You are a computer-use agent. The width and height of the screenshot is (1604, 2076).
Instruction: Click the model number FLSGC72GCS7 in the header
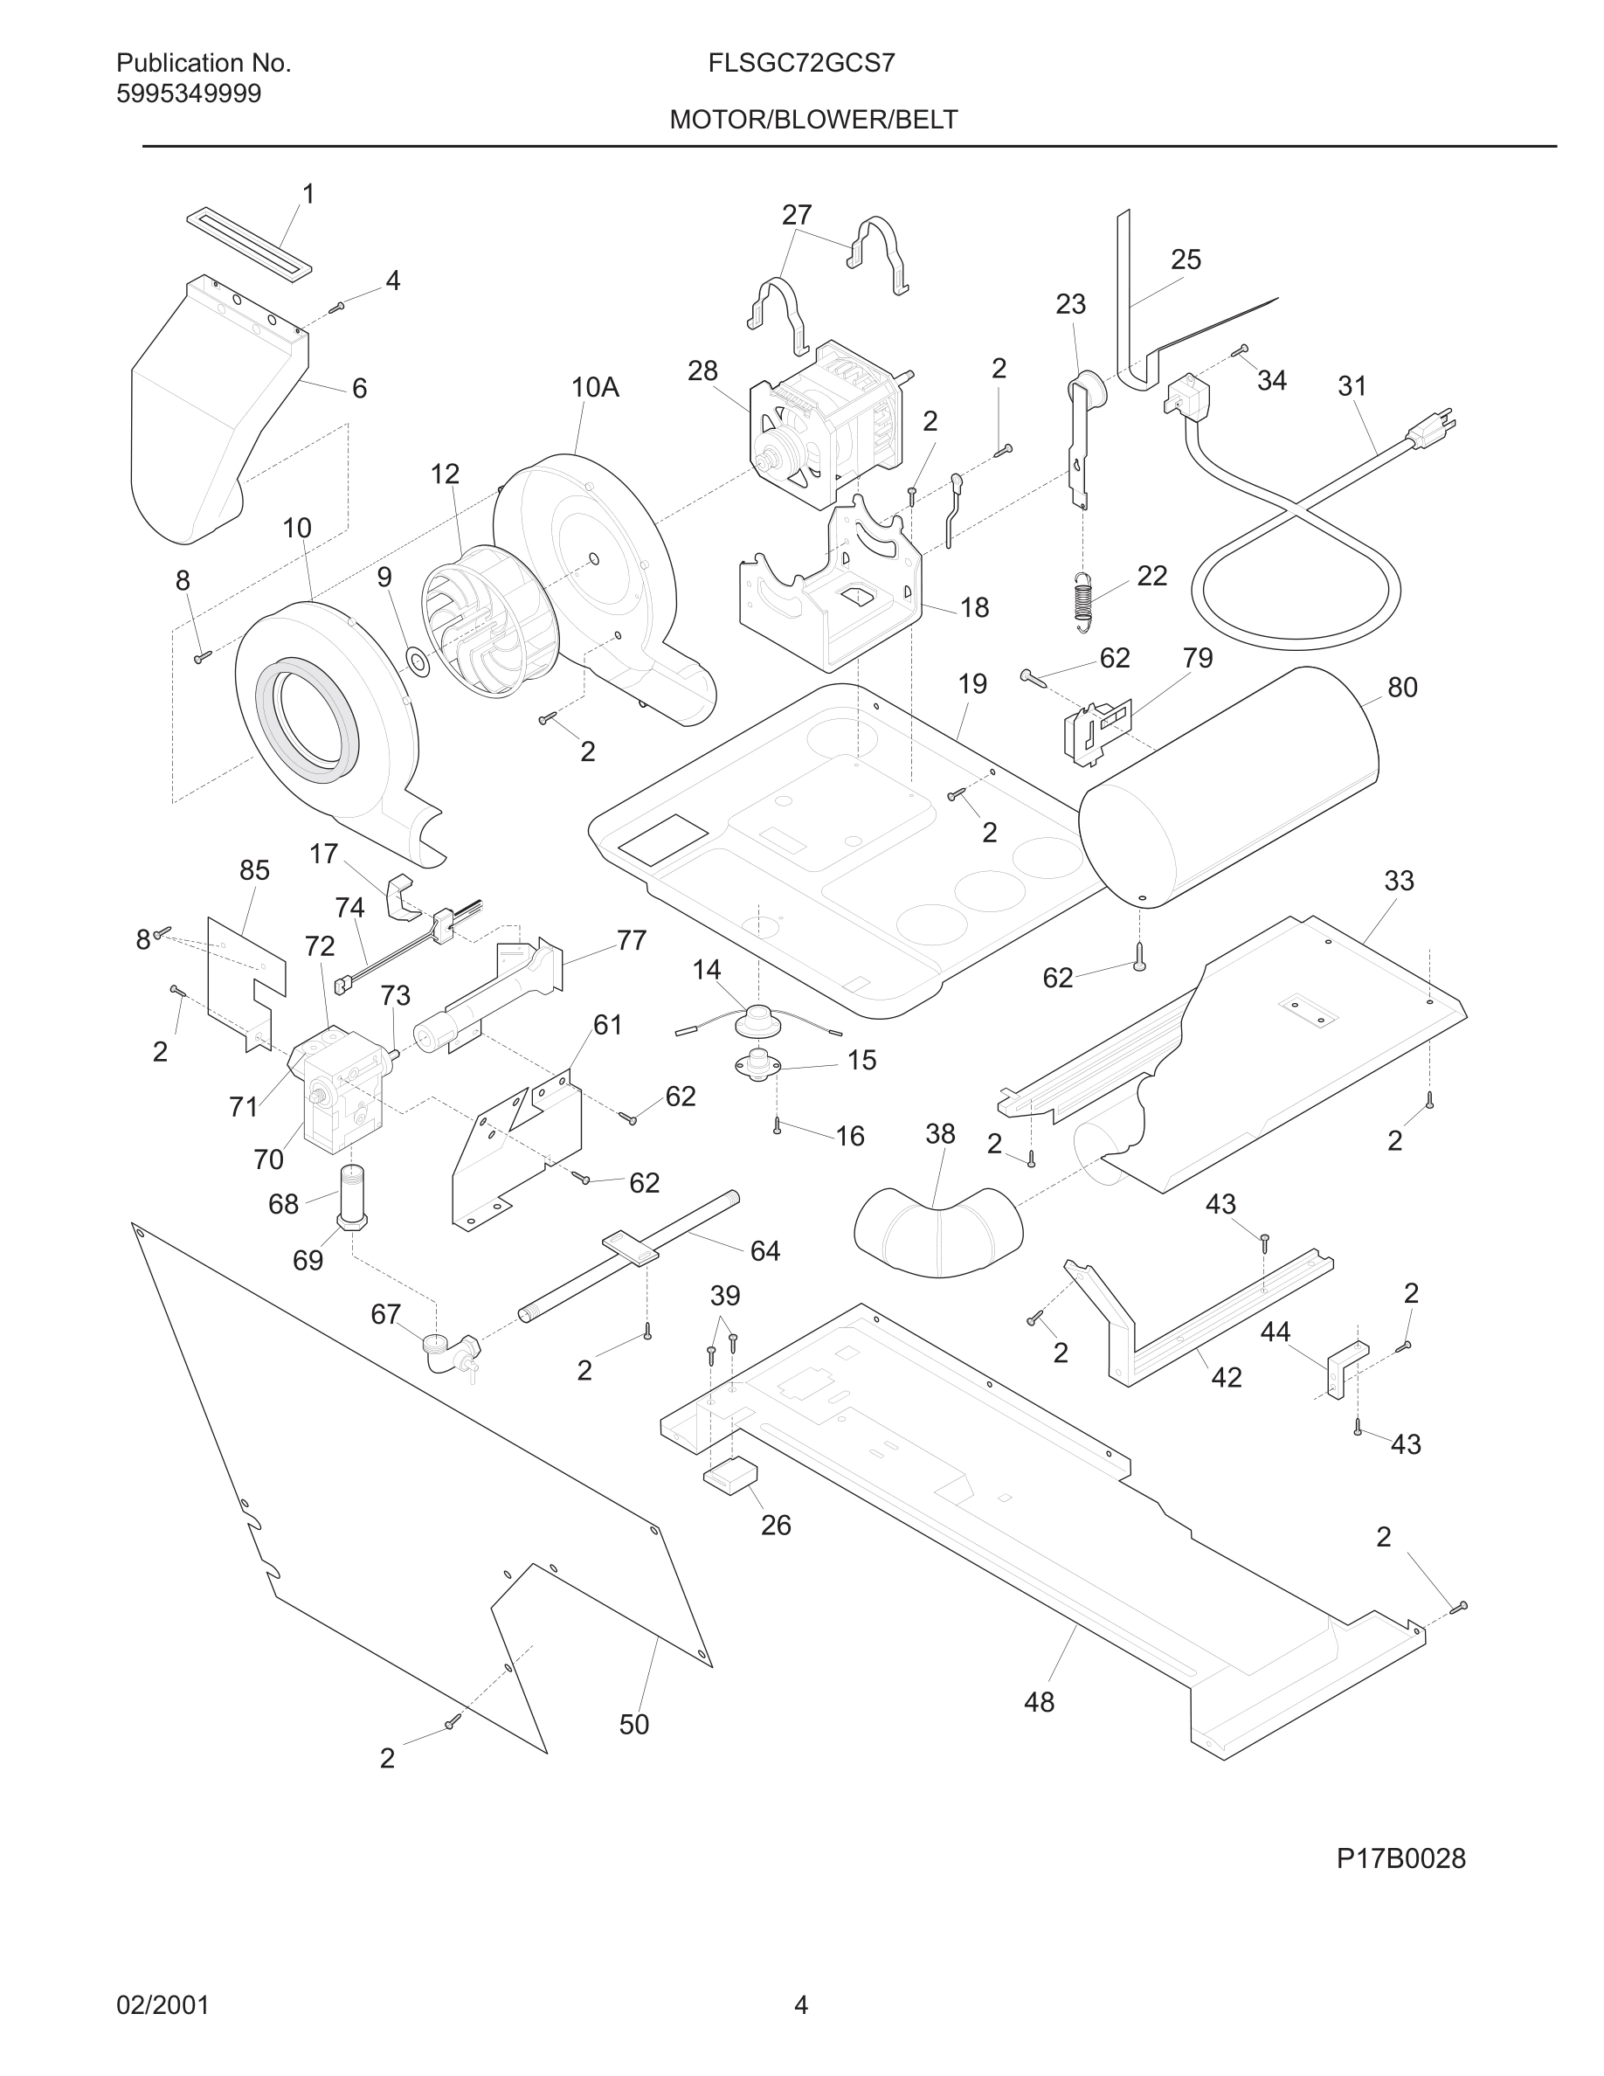point(801,64)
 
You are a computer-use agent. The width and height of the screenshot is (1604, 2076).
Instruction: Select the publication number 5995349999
point(188,94)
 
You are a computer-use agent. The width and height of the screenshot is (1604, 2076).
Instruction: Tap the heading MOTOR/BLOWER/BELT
point(813,120)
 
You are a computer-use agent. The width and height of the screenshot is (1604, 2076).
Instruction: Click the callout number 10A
point(595,387)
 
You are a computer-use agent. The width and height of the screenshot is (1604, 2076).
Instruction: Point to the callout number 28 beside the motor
point(702,370)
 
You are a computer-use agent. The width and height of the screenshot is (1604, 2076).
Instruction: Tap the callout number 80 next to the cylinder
point(1401,688)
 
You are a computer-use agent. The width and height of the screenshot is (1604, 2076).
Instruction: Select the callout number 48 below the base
point(1039,1702)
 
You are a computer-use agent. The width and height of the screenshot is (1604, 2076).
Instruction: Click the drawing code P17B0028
point(1400,1858)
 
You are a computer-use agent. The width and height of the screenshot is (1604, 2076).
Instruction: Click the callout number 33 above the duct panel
point(1399,881)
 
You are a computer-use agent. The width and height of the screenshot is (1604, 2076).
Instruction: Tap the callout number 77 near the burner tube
point(631,940)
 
